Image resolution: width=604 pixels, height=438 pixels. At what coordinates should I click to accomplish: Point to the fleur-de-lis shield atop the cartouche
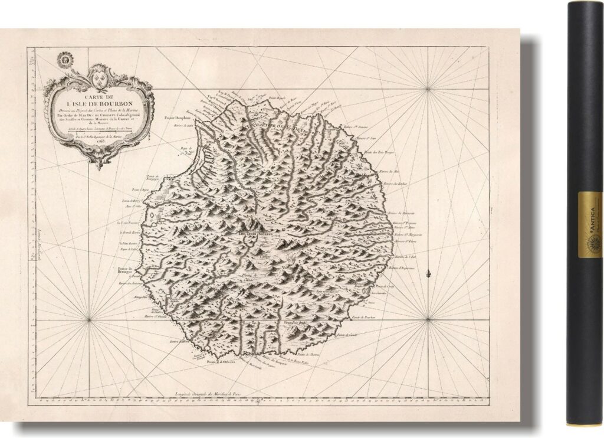(x=99, y=74)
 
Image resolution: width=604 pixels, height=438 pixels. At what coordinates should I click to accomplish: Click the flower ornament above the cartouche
(x=66, y=59)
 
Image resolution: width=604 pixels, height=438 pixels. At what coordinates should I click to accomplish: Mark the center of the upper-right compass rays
(x=428, y=89)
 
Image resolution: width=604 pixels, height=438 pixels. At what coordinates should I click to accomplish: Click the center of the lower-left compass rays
(x=89, y=320)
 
